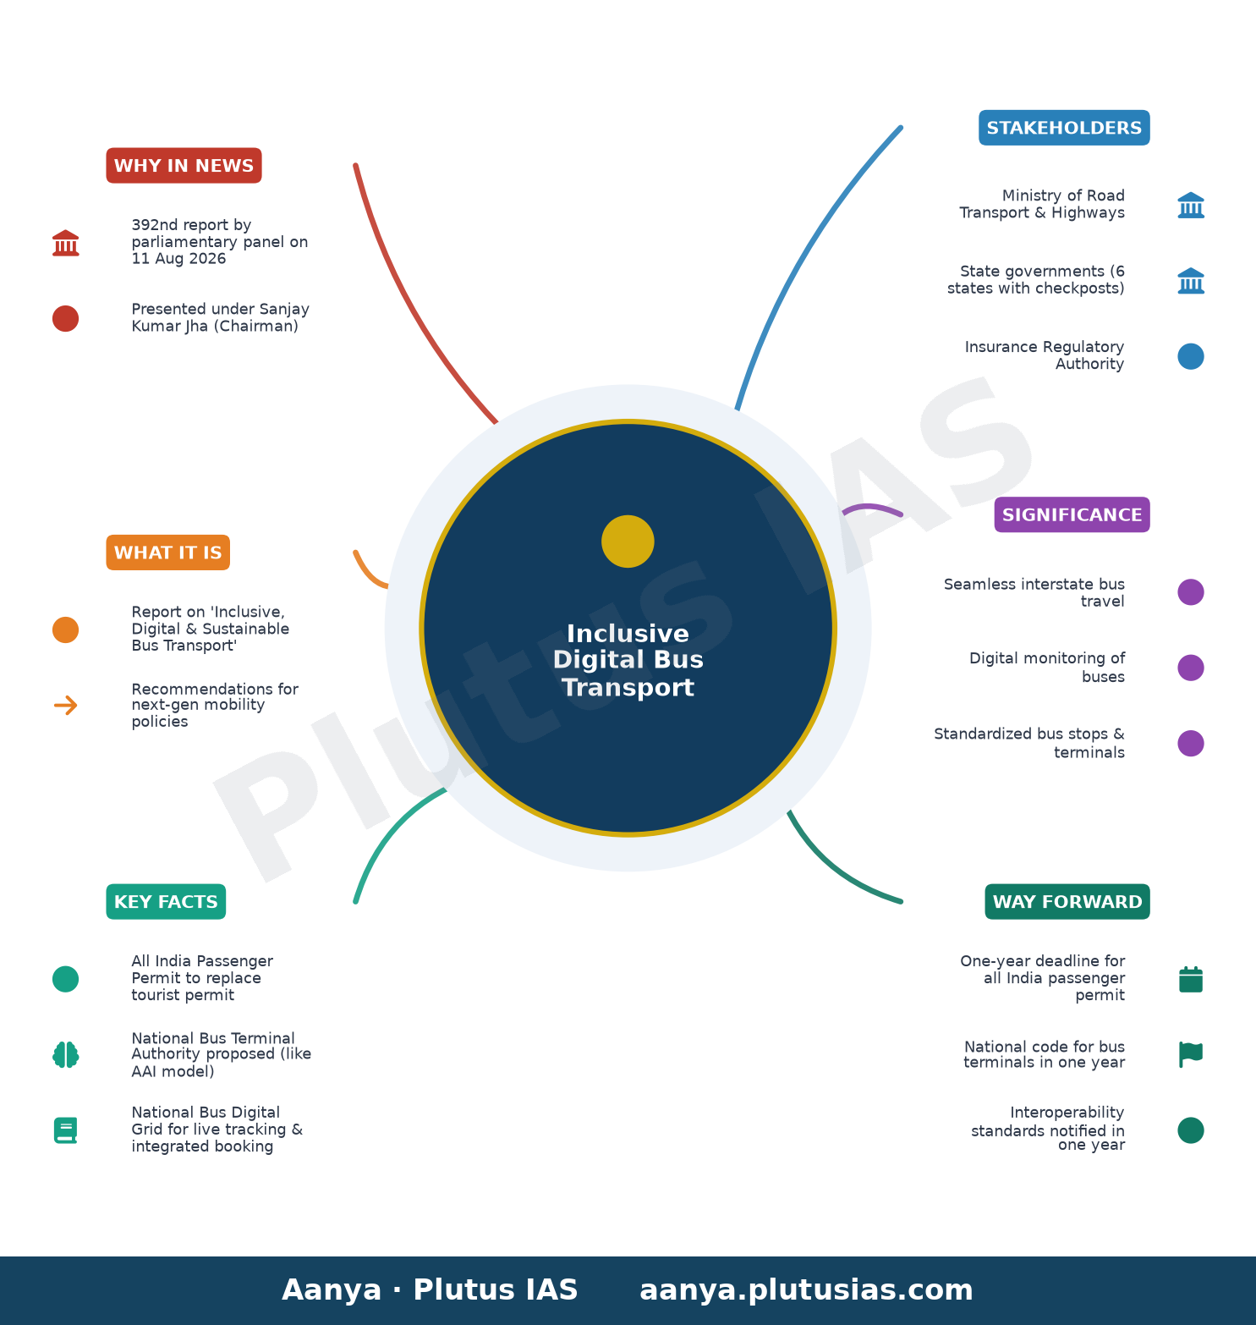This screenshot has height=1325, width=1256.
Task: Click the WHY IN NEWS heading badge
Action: coord(184,165)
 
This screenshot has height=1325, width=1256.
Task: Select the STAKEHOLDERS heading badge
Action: coord(1064,128)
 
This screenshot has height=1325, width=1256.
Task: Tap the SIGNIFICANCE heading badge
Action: coord(1072,514)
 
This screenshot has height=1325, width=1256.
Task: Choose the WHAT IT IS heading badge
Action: coord(167,553)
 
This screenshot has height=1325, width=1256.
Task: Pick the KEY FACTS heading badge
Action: coord(166,902)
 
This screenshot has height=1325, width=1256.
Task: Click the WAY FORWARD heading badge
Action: coord(1067,902)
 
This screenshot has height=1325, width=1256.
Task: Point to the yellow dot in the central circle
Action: coord(628,542)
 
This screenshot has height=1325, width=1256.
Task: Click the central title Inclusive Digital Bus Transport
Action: coord(628,660)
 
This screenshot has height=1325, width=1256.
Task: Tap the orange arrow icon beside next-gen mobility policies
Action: coord(65,705)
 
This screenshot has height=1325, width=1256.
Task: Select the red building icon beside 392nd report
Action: coord(65,243)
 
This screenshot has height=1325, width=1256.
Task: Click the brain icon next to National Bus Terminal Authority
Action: coord(65,1055)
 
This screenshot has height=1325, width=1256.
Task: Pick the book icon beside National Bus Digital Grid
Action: coord(65,1130)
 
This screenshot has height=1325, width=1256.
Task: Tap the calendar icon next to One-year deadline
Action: coord(1191,979)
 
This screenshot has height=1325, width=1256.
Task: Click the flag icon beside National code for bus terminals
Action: coord(1191,1054)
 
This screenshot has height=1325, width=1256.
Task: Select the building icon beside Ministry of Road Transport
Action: coord(1191,205)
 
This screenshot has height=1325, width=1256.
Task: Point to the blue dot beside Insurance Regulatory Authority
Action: coord(1191,356)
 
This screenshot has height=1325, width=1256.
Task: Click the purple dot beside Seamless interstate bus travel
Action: coord(1191,592)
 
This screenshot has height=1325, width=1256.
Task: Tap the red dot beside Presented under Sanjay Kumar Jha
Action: coord(65,318)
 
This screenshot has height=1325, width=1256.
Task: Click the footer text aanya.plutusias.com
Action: coord(806,1289)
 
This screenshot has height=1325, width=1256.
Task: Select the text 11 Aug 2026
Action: coord(178,259)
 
